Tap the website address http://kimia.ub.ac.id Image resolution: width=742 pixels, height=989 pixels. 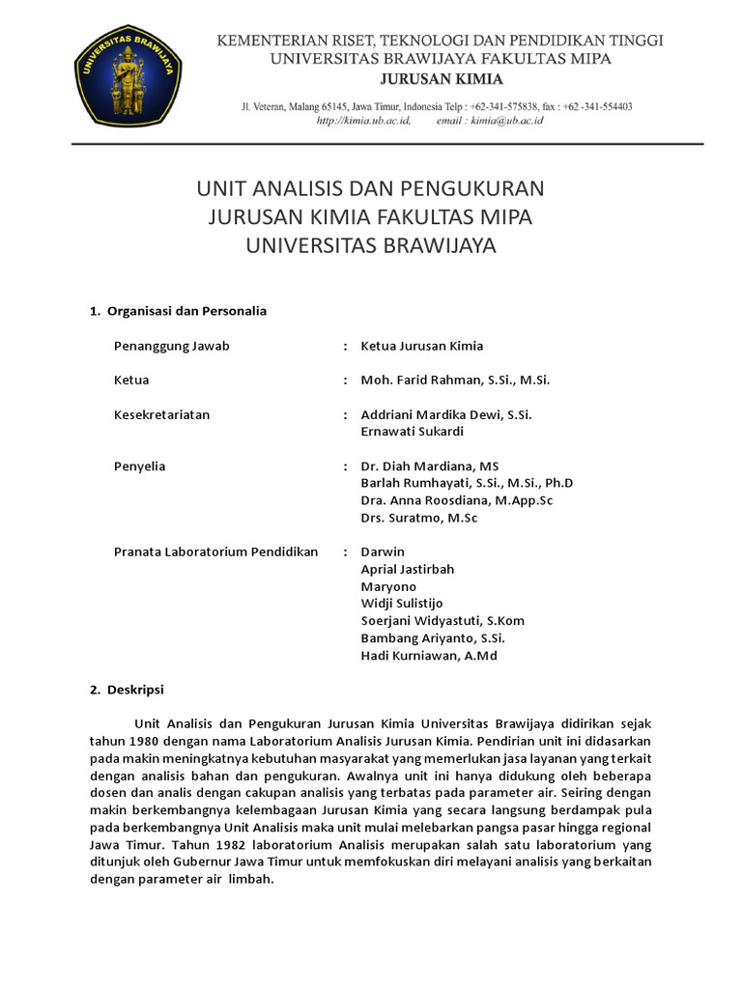(365, 121)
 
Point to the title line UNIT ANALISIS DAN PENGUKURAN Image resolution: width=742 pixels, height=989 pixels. (371, 187)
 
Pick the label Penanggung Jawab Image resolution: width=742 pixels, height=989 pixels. (172, 346)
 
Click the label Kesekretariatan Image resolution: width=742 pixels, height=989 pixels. (162, 414)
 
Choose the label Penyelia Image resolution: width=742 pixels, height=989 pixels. (140, 466)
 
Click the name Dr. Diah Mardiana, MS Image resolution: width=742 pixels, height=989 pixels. (430, 466)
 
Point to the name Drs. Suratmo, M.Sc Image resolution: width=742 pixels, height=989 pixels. (419, 519)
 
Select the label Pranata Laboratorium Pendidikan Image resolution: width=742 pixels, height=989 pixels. (216, 552)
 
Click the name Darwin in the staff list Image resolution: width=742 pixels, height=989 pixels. (383, 552)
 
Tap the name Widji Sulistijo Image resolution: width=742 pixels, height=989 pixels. (402, 604)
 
